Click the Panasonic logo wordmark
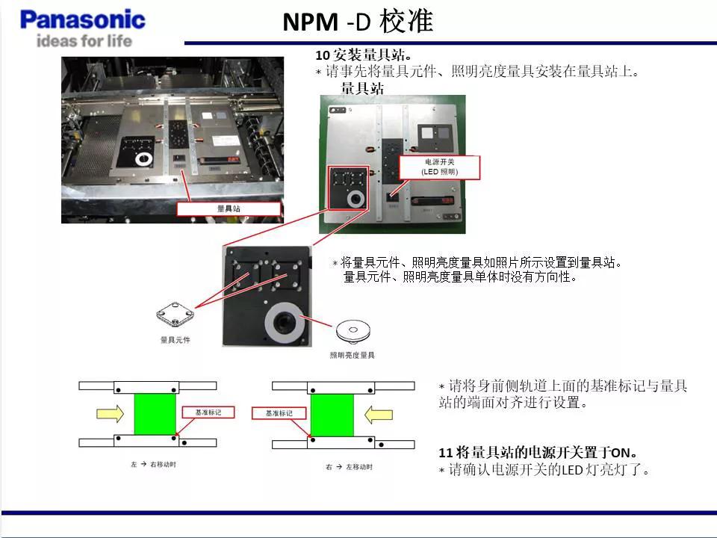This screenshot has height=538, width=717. tap(83, 19)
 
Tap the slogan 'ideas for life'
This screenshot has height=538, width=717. tap(84, 40)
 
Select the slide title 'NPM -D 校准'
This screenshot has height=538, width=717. tap(358, 22)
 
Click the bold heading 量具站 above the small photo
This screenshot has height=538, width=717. tap(363, 88)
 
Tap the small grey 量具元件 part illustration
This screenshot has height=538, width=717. tap(176, 316)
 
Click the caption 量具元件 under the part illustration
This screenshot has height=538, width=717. tap(176, 340)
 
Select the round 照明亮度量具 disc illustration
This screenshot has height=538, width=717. tap(353, 330)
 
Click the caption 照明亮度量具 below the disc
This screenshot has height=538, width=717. tap(353, 356)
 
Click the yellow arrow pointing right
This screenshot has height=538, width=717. tap(110, 413)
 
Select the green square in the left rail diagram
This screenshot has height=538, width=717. tap(155, 414)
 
